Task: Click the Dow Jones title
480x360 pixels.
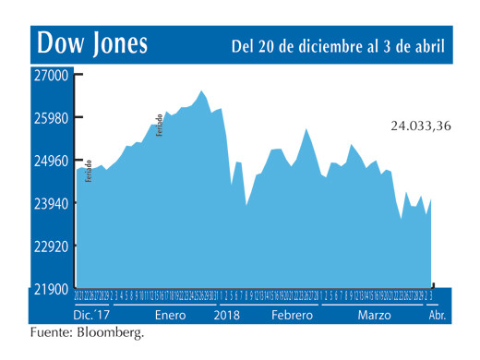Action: pyautogui.click(x=91, y=44)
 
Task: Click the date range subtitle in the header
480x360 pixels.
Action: pyautogui.click(x=338, y=45)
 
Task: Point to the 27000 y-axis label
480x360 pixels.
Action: pyautogui.click(x=52, y=76)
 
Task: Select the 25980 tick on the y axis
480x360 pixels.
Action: pyautogui.click(x=52, y=118)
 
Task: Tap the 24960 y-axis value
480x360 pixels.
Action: pyautogui.click(x=52, y=161)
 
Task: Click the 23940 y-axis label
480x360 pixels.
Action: pyautogui.click(x=52, y=203)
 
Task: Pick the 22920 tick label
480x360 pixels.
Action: pyautogui.click(x=52, y=246)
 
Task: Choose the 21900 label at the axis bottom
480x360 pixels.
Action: pyautogui.click(x=52, y=289)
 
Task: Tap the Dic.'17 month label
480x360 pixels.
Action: pyautogui.click(x=90, y=315)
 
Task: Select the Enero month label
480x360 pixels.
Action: pyautogui.click(x=170, y=315)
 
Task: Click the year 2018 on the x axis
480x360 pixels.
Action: pyautogui.click(x=228, y=315)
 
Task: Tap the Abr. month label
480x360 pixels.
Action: pyautogui.click(x=437, y=315)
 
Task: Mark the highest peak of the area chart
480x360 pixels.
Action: pyautogui.click(x=201, y=90)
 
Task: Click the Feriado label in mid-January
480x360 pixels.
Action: pyautogui.click(x=160, y=124)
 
